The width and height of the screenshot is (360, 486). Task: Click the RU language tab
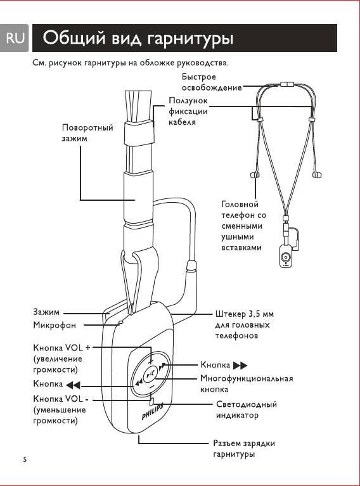(x=15, y=38)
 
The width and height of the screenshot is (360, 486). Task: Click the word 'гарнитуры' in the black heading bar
(x=190, y=39)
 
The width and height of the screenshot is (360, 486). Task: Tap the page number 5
(x=25, y=459)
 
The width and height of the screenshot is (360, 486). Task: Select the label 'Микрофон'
(x=55, y=325)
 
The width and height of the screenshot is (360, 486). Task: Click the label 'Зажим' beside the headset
(x=46, y=312)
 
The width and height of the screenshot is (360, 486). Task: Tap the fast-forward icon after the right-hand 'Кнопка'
(x=240, y=366)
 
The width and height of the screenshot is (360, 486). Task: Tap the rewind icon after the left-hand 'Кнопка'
(x=73, y=385)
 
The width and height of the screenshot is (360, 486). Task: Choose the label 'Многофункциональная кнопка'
(x=247, y=384)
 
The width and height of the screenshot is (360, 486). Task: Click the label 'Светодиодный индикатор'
(x=247, y=409)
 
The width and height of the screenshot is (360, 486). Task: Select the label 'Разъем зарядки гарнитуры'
(x=244, y=449)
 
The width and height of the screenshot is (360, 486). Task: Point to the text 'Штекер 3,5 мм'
(x=245, y=314)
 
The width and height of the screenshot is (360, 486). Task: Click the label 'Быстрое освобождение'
(x=212, y=82)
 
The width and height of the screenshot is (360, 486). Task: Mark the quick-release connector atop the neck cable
(x=288, y=84)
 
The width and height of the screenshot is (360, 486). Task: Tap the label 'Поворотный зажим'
(x=87, y=132)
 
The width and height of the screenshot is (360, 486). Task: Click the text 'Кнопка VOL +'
(x=61, y=348)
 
